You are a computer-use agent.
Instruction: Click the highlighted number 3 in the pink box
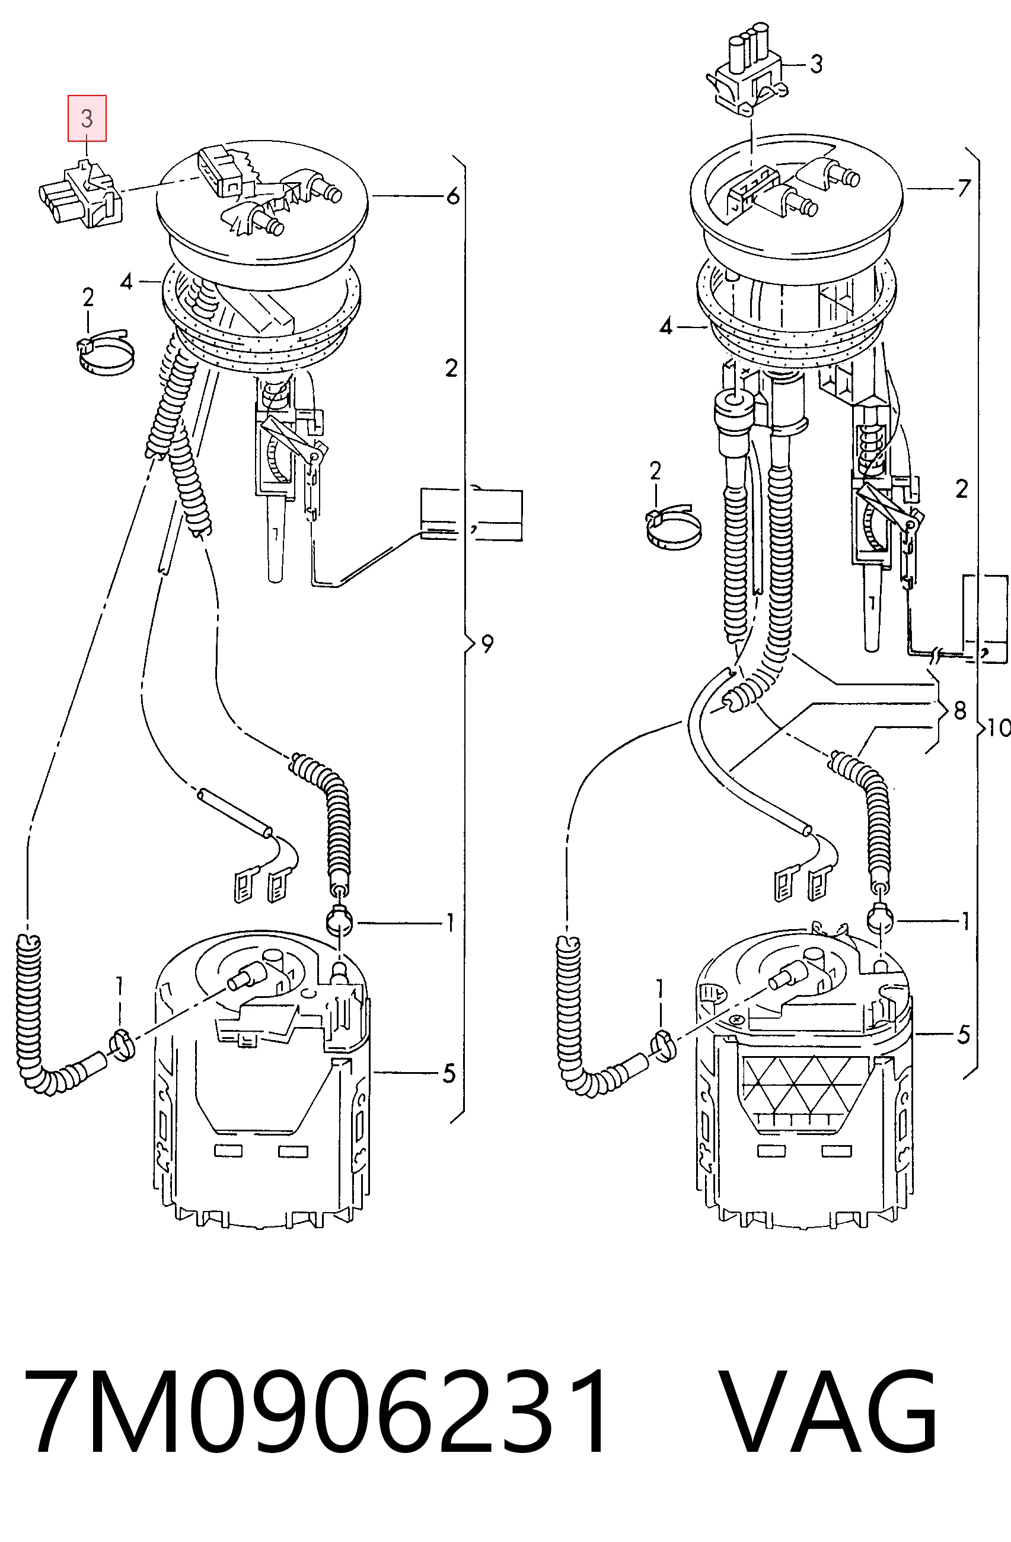(x=87, y=119)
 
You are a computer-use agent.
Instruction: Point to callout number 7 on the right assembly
(x=964, y=188)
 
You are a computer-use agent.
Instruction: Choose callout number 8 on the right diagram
(x=960, y=711)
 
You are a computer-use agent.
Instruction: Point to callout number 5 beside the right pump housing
(x=964, y=1035)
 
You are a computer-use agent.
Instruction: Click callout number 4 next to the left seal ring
(x=126, y=282)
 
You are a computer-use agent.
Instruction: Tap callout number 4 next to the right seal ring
(x=666, y=327)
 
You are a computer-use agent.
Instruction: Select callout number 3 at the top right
(x=817, y=64)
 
